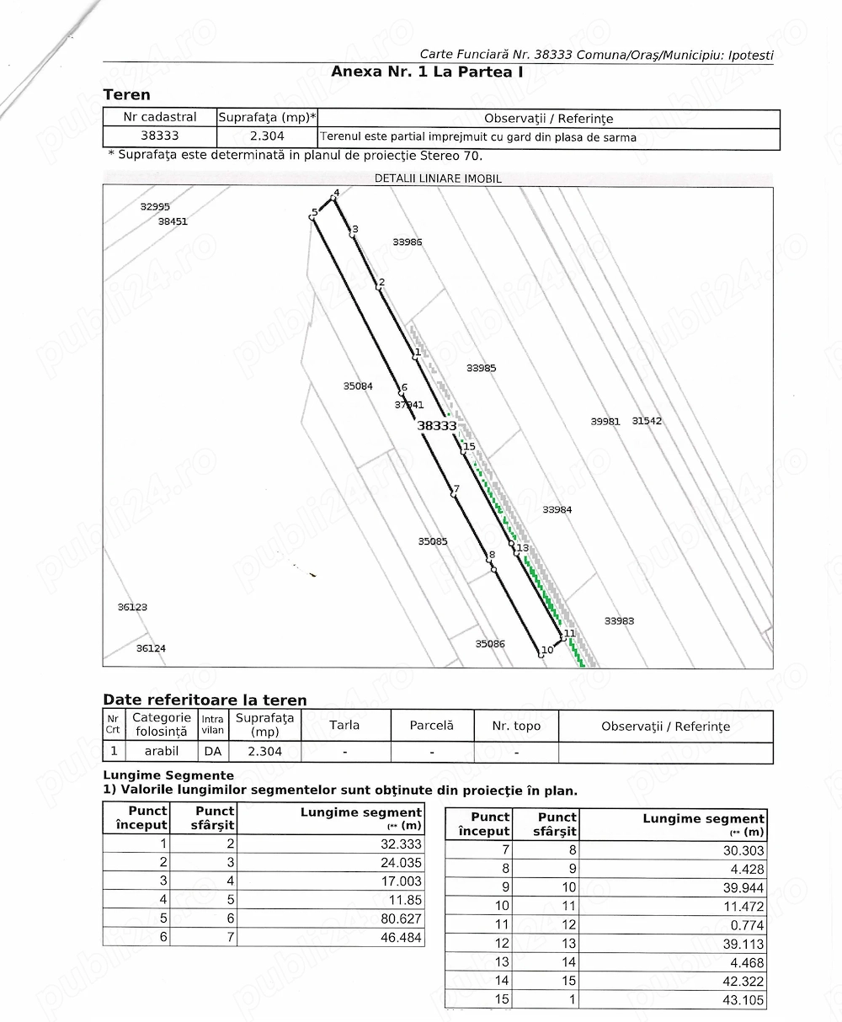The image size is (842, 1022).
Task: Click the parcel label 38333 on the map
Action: [437, 426]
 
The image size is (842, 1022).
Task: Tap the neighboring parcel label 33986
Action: [408, 242]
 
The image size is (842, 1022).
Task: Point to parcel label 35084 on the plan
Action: [358, 386]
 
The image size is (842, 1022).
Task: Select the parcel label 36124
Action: [152, 648]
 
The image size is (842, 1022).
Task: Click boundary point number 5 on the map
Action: [312, 216]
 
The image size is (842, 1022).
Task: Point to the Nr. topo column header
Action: [516, 726]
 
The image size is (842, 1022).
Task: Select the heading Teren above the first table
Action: [126, 94]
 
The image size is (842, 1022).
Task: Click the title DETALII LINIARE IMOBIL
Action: [438, 178]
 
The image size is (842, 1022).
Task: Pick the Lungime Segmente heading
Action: [168, 774]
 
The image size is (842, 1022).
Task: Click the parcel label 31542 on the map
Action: [647, 421]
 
